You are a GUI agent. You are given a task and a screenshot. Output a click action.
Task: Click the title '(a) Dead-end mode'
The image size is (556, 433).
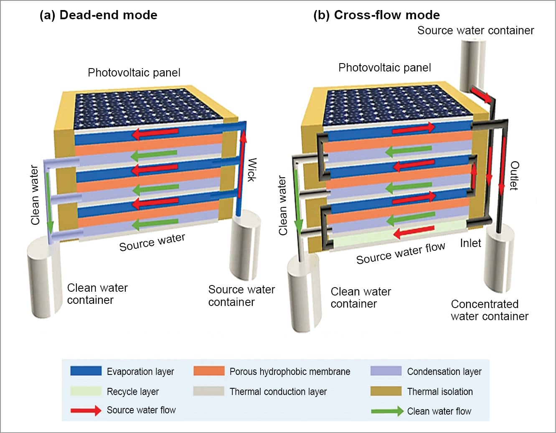(x=98, y=15)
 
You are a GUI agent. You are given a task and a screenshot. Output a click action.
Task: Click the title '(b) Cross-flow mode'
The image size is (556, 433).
(x=376, y=15)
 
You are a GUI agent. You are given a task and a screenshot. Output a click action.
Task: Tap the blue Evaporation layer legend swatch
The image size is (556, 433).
(x=86, y=371)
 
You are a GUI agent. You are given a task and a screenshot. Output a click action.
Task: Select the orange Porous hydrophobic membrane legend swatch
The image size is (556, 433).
(x=209, y=371)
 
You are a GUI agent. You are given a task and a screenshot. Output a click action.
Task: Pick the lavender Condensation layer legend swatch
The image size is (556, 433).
(x=386, y=371)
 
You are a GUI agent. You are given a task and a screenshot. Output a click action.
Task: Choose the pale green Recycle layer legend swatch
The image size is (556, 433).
(x=86, y=391)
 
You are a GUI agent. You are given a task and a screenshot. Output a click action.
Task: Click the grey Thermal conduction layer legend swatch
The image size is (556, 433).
(x=209, y=391)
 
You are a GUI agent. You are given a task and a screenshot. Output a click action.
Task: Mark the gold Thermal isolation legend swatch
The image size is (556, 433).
(x=386, y=391)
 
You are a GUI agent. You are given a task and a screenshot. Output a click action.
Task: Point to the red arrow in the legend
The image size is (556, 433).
(x=86, y=410)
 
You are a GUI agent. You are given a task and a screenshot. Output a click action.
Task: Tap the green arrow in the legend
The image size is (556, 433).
(x=387, y=411)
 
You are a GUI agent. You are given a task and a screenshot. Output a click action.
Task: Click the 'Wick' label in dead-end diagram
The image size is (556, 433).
(x=251, y=170)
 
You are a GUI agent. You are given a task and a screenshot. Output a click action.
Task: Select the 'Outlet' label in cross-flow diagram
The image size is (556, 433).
(x=514, y=176)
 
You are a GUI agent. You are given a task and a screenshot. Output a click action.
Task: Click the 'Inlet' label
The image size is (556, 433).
(x=470, y=243)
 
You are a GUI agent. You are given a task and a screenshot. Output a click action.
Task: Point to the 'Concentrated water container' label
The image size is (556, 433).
(x=489, y=310)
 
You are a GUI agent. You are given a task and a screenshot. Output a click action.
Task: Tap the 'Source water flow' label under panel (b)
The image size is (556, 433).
(x=400, y=253)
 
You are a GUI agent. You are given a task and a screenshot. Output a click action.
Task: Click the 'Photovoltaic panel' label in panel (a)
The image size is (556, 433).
(x=134, y=73)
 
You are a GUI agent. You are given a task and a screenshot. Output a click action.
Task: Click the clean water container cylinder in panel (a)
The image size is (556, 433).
(x=42, y=276)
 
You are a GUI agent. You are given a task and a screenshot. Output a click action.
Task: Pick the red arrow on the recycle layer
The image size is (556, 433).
(x=414, y=231)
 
